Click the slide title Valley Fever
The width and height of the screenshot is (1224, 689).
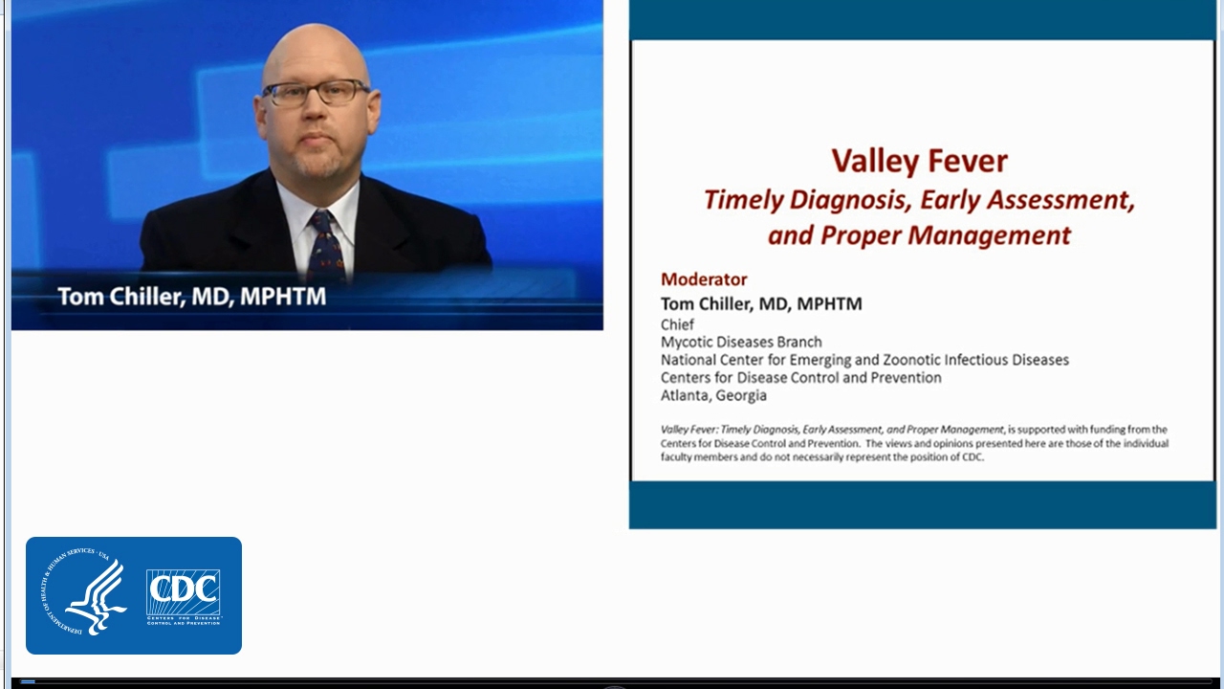coord(919,161)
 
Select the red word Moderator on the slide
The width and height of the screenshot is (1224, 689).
coord(704,279)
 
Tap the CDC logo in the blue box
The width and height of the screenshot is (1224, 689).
coord(184,595)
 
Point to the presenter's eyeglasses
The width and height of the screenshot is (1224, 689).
coord(316,93)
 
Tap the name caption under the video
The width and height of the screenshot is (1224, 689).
coord(192,297)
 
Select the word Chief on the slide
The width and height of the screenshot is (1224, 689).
coord(677,324)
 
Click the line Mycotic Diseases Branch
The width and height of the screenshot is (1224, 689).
coord(741,342)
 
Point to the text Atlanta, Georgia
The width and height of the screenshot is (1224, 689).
coord(713,395)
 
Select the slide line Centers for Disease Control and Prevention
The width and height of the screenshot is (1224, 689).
coord(800,378)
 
